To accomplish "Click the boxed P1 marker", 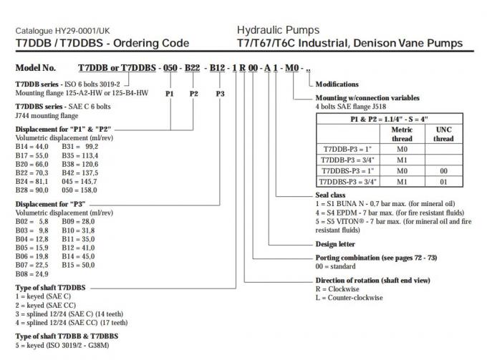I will click(x=170, y=94).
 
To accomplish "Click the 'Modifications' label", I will click(x=337, y=84).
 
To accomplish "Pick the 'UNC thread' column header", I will click(x=444, y=135).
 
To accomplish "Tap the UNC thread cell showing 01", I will click(x=444, y=183).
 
